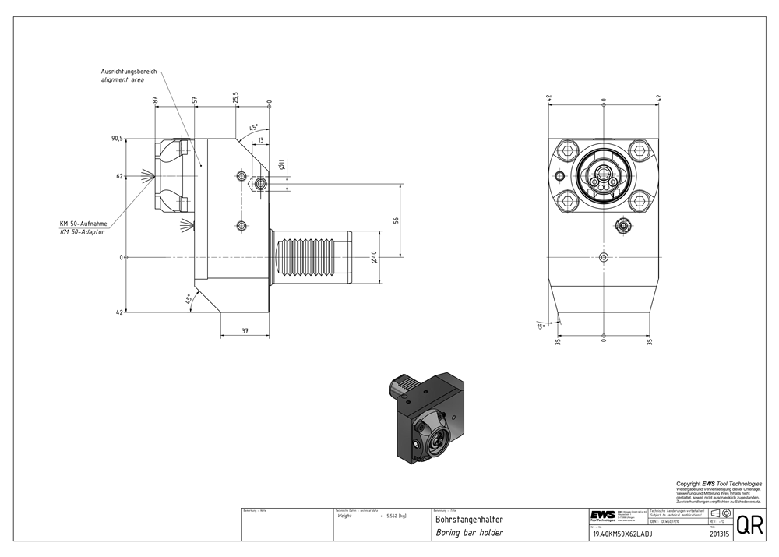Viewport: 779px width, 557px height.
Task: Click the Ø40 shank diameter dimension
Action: (x=375, y=257)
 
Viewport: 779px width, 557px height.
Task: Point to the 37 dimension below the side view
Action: (x=245, y=331)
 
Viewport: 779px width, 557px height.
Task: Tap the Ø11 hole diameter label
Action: (x=280, y=164)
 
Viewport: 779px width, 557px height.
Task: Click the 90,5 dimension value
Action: (x=117, y=138)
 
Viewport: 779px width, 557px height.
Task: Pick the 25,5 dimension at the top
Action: (x=234, y=97)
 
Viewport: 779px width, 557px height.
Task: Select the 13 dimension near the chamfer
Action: (x=260, y=140)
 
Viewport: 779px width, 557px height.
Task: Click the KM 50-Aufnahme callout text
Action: (x=83, y=224)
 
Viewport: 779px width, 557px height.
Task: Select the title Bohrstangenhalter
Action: (x=469, y=519)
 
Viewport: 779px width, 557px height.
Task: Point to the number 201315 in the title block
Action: (x=718, y=534)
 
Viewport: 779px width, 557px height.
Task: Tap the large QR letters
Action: (x=749, y=525)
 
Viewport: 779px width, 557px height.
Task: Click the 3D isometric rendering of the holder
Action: (x=426, y=413)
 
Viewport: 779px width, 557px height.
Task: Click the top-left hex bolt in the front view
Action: (x=569, y=150)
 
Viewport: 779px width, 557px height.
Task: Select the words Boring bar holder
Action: (x=469, y=533)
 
